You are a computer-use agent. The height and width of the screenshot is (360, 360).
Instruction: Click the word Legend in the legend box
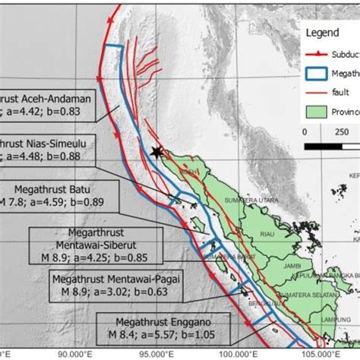tap(324, 33)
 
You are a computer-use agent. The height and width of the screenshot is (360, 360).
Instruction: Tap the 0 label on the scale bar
tap(304, 131)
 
